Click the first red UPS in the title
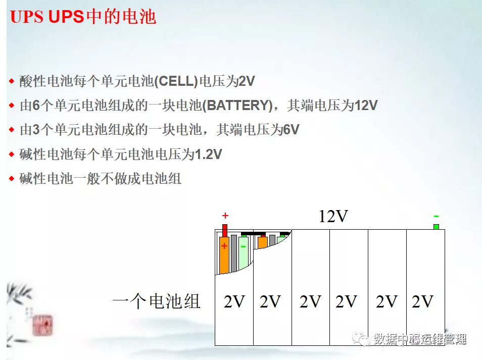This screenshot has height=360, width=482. [26, 17]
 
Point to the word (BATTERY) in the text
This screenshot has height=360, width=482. [237, 106]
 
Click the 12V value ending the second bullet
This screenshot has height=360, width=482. [366, 106]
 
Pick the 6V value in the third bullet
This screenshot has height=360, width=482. [291, 130]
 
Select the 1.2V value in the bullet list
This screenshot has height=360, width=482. [208, 155]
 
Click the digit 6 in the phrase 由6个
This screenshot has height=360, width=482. [35, 106]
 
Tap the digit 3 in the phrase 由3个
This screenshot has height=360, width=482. [35, 130]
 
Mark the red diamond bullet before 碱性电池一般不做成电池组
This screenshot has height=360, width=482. [12, 179]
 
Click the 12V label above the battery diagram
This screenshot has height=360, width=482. [333, 217]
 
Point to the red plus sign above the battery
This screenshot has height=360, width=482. [225, 216]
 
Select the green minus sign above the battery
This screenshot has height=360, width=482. [436, 216]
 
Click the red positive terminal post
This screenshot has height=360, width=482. [225, 230]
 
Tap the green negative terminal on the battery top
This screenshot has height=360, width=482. [436, 227]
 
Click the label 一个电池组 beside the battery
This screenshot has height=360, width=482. [157, 302]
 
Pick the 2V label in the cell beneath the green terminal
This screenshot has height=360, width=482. [422, 302]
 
